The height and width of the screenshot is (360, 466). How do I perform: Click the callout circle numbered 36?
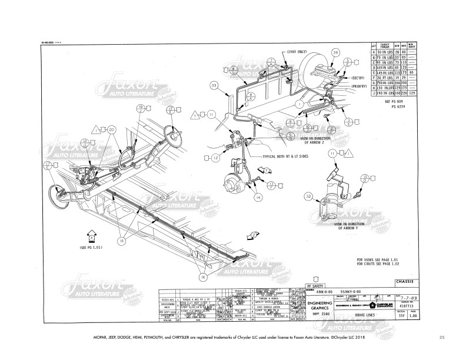[x=335, y=53]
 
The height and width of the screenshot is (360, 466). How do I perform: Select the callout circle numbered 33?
[x=214, y=85]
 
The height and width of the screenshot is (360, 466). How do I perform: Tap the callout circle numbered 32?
[x=308, y=196]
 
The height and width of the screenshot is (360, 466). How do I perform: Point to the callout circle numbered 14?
[x=257, y=198]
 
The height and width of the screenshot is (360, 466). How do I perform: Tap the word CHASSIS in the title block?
[x=417, y=284]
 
